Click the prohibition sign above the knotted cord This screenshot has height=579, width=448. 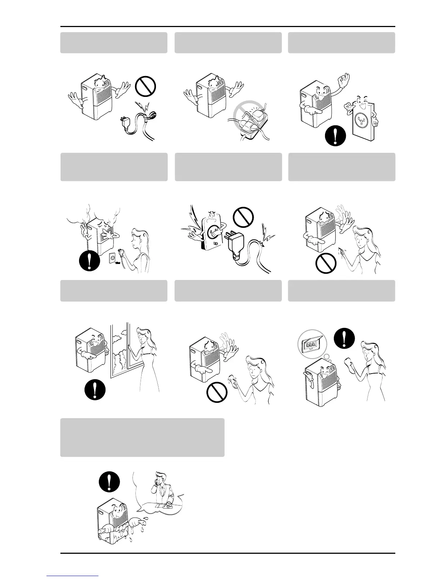(x=146, y=87)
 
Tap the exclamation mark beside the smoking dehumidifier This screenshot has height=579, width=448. (x=89, y=261)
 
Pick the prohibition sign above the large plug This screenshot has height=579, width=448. (x=243, y=217)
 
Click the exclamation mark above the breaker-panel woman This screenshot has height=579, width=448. (x=344, y=338)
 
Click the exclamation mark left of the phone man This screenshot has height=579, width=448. (x=109, y=482)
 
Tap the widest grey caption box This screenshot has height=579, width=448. (x=142, y=438)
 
